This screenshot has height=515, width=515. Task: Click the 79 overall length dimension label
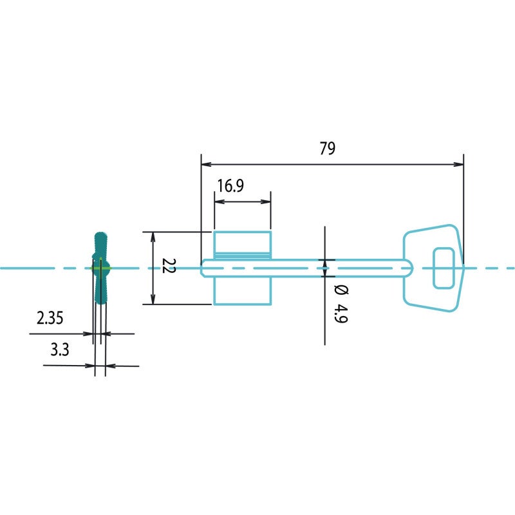click(x=328, y=148)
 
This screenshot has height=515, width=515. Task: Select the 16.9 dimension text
click(x=230, y=185)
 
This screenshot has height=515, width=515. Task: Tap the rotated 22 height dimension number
click(x=169, y=266)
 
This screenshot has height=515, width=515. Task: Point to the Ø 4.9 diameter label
click(x=341, y=304)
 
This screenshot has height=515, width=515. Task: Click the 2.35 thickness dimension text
click(x=50, y=318)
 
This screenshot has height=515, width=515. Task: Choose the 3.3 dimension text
click(x=60, y=350)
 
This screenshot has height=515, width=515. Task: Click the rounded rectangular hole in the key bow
click(x=444, y=268)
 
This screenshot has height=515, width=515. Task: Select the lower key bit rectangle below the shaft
click(x=243, y=291)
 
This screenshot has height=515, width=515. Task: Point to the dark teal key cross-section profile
click(x=100, y=268)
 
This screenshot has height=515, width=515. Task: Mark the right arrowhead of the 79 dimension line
click(x=458, y=164)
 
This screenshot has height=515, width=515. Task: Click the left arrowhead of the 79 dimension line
click(x=206, y=164)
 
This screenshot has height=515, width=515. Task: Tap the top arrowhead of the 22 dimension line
click(x=153, y=237)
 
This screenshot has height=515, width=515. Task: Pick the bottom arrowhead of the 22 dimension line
click(x=153, y=299)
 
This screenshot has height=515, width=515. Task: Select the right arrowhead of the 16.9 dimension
click(x=266, y=201)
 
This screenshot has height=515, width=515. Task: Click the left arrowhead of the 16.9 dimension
click(x=220, y=201)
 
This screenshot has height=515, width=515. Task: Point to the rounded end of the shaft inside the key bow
click(x=409, y=268)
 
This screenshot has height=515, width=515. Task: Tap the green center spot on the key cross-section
click(x=100, y=268)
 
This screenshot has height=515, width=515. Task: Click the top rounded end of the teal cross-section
click(x=100, y=234)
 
